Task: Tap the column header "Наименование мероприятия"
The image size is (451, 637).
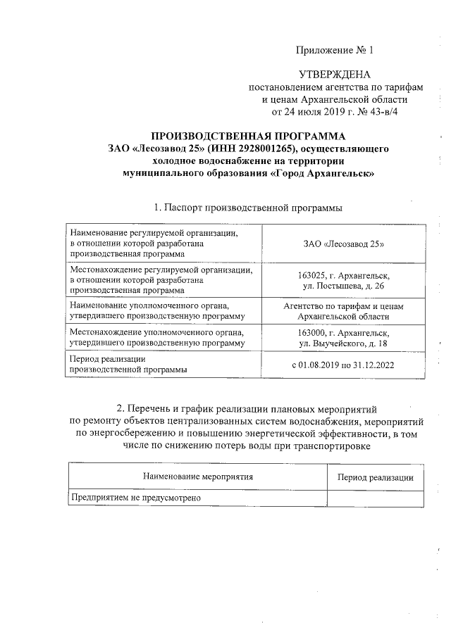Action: pyautogui.click(x=197, y=477)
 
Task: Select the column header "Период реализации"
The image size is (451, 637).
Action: pyautogui.click(x=375, y=477)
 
